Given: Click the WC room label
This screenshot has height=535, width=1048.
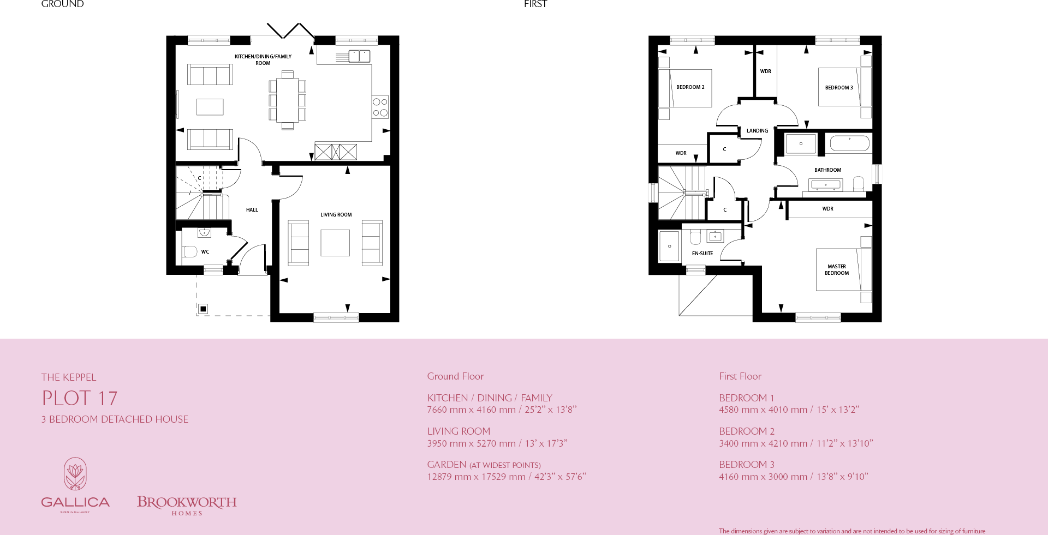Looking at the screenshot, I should click(205, 252).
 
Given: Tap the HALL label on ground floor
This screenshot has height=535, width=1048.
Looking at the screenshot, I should click(252, 210).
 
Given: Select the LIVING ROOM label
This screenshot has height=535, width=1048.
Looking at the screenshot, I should click(336, 215).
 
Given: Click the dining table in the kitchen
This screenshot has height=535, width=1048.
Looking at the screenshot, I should click(287, 100).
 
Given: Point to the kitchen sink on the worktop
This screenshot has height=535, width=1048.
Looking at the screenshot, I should click(359, 56).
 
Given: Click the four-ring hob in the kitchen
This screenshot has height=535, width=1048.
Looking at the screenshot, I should click(380, 107).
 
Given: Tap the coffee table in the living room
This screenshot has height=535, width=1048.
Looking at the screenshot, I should click(335, 243).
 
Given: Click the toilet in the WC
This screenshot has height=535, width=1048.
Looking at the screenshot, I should click(190, 251).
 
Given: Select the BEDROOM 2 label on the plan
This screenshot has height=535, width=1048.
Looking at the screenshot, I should click(690, 87).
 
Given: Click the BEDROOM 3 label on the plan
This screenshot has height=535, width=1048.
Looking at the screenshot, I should click(838, 88).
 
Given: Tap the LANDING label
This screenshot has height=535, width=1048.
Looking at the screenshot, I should click(757, 131).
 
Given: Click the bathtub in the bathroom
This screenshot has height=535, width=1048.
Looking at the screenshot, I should click(849, 143).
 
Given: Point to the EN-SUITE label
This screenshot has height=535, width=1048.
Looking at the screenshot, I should click(702, 254).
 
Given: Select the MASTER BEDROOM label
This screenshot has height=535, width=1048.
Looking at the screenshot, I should click(836, 270).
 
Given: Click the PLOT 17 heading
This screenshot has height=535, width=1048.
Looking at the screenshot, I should click(80, 398).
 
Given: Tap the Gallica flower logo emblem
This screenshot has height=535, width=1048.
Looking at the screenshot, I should click(75, 473).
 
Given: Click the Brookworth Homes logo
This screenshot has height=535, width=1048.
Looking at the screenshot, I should click(187, 505).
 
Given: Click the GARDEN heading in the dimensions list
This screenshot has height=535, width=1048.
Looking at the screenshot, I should click(446, 465).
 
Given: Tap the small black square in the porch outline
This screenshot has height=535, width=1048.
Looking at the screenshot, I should click(203, 309).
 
